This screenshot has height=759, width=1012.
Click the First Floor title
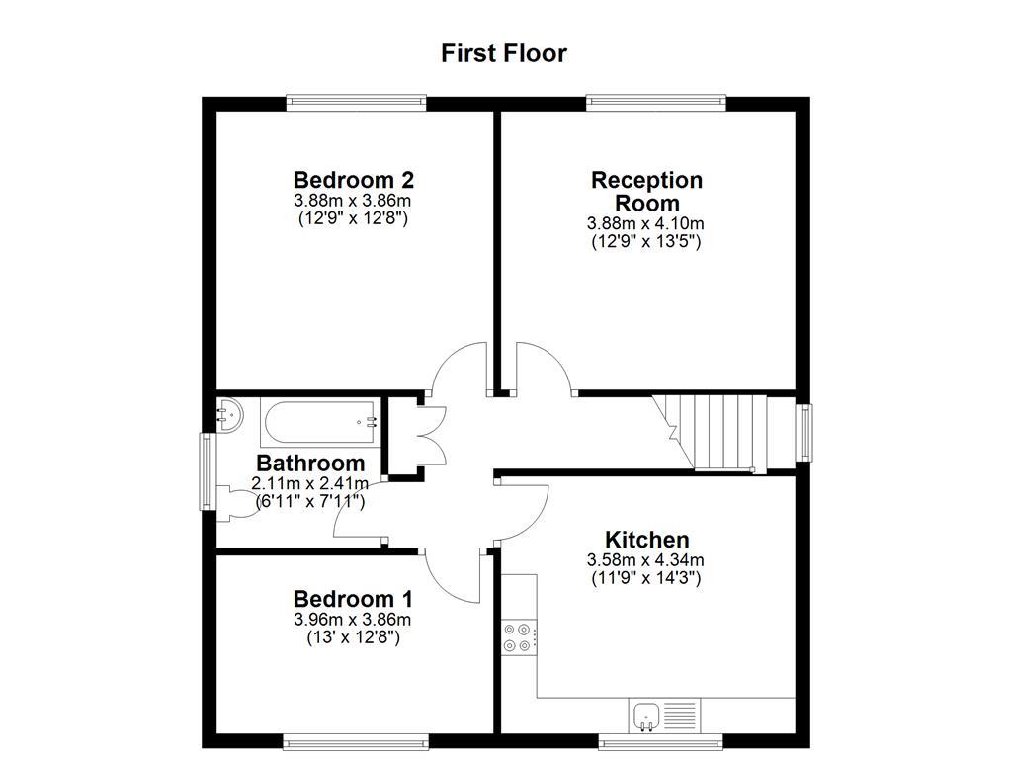pos(504,53)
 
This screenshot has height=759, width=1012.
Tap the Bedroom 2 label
pos(353,180)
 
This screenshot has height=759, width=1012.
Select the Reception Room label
pos(646,191)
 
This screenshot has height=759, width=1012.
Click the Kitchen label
pos(646,540)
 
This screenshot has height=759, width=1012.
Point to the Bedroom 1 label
pos(353,599)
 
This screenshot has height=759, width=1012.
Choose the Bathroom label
pos(310,463)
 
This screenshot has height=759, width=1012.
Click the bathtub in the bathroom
pos(319,422)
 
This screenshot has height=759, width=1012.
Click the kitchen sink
pos(646,714)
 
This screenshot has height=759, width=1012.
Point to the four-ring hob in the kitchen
pos(519,636)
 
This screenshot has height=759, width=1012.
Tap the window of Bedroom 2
pos(357,102)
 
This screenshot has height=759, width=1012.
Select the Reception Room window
pos(656,102)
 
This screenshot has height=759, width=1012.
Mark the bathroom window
pos(209,472)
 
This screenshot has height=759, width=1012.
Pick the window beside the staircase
pos(805,432)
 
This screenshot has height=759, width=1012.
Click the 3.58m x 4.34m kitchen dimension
pos(646,560)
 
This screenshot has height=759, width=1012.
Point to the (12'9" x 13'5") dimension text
pos(646,241)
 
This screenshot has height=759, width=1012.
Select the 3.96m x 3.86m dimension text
pos(353,620)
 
